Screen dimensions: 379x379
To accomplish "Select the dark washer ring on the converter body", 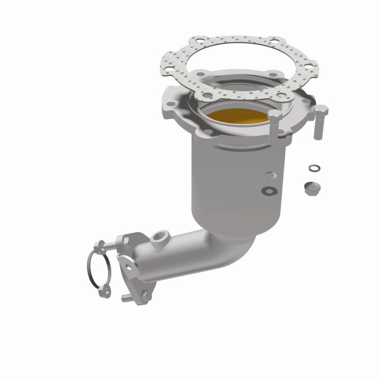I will [270, 190].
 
